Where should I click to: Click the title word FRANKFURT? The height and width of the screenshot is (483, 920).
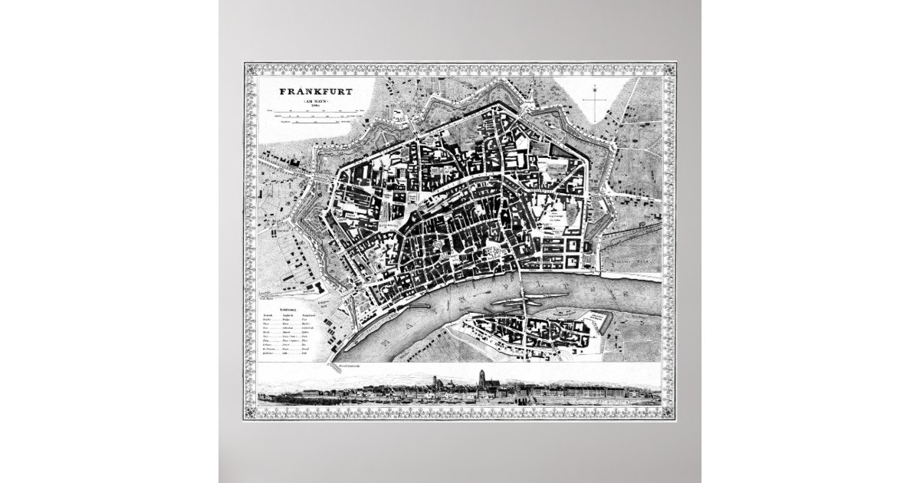[x=316, y=90]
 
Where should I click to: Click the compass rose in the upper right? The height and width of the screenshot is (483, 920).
[x=594, y=98]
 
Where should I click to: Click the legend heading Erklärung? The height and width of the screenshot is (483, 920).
[x=287, y=307]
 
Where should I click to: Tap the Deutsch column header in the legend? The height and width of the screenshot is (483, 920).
[x=268, y=314]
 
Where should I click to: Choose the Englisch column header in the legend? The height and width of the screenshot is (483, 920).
[x=287, y=314]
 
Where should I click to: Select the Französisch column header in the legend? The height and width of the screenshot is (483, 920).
[x=308, y=314]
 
